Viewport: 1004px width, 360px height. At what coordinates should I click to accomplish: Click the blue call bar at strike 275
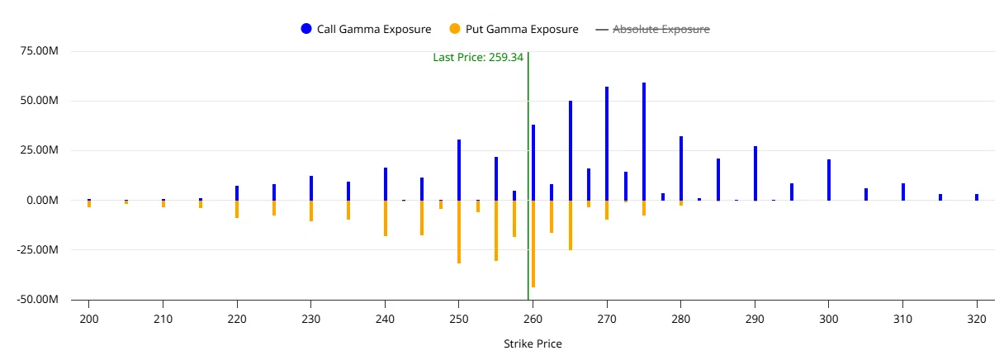[x=644, y=141]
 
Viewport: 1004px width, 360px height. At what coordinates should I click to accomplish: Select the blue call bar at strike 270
[x=607, y=144]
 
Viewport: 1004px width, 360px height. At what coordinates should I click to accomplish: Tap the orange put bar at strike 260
[x=533, y=244]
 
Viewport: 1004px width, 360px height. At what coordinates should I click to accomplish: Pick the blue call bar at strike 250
[x=459, y=170]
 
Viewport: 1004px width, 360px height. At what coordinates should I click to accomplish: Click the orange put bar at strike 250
[x=459, y=232]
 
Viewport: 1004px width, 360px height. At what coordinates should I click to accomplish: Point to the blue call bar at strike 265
[x=571, y=150]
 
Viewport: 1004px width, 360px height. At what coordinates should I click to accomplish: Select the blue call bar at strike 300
[x=829, y=180]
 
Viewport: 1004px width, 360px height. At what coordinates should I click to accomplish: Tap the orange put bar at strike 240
[x=386, y=218]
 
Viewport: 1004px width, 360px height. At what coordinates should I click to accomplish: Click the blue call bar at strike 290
[x=755, y=173]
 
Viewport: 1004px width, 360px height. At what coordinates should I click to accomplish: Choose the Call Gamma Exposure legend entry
[x=367, y=29]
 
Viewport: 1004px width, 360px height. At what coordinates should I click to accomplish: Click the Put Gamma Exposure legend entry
[x=514, y=29]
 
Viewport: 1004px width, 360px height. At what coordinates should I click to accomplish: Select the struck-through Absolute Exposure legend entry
[x=652, y=29]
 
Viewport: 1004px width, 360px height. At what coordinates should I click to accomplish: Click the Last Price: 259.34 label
[x=478, y=57]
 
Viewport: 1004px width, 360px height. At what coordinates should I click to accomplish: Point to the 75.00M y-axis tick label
[x=40, y=50]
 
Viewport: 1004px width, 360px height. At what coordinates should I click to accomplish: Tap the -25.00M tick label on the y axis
[x=38, y=249]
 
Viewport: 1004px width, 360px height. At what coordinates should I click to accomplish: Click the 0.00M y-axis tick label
[x=43, y=200]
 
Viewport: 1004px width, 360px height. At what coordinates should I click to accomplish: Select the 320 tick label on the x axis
[x=977, y=320]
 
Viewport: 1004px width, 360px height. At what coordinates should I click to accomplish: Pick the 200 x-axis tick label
[x=88, y=320]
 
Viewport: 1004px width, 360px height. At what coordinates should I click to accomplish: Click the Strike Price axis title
[x=533, y=343]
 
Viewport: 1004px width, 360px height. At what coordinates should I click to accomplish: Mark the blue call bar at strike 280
[x=681, y=168]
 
